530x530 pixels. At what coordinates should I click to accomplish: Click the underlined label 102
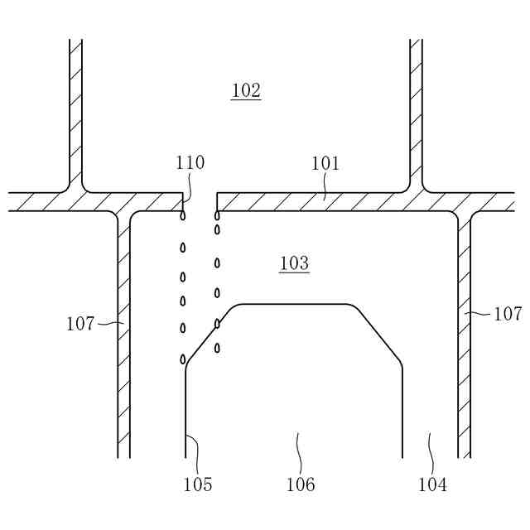[246, 90]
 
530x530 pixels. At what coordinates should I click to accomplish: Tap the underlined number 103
[294, 263]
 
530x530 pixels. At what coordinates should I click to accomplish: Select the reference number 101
[325, 164]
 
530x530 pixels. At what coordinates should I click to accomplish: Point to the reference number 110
[190, 163]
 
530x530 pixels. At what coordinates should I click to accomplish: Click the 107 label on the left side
[80, 324]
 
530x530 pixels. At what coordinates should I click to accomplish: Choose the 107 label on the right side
[508, 314]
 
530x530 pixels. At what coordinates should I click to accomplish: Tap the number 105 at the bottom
[198, 484]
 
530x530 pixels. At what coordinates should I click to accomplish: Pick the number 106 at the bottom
[301, 484]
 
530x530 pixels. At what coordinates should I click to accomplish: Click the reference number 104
[432, 484]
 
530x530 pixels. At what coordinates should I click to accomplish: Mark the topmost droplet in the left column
[183, 216]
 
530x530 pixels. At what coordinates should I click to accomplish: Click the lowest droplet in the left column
[183, 359]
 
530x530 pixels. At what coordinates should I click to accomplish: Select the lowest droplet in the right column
[217, 348]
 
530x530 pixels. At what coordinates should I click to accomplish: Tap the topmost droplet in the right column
[217, 216]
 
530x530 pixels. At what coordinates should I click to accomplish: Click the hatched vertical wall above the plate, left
[75, 108]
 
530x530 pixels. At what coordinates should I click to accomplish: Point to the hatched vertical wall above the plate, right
[417, 108]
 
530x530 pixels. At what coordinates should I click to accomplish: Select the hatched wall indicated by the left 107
[123, 331]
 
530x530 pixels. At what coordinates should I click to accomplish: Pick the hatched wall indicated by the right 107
[465, 331]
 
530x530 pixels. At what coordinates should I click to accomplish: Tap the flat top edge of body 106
[294, 304]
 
